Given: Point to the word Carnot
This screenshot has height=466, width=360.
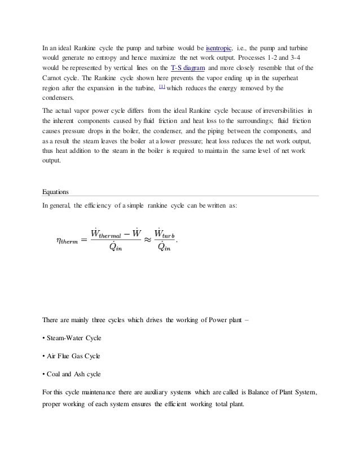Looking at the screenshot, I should click(56, 77).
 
